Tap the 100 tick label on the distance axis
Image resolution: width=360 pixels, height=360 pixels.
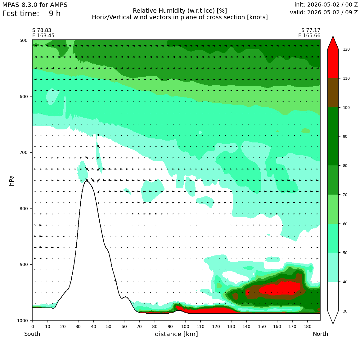[185, 327]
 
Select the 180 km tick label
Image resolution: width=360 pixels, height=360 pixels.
[308, 327]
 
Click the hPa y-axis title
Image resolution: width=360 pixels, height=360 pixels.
[11, 180]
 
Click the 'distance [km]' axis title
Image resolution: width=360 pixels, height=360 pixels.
[176, 334]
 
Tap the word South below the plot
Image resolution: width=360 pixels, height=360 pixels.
[32, 334]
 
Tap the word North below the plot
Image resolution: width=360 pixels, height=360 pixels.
[320, 334]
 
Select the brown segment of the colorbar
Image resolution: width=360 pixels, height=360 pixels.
[333, 93]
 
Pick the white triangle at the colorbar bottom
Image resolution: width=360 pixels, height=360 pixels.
[333, 317]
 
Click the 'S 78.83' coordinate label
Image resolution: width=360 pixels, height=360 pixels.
[42, 30]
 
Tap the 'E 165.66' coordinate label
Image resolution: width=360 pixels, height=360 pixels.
[309, 36]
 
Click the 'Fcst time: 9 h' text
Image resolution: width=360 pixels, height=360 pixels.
[31, 14]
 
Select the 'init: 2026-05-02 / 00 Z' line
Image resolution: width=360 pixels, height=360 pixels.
[326, 5]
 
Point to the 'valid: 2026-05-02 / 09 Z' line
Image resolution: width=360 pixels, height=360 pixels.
[324, 12]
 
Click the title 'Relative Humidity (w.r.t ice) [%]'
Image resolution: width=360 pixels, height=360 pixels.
[180, 11]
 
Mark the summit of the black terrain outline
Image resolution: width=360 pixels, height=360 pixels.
[87, 181]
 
